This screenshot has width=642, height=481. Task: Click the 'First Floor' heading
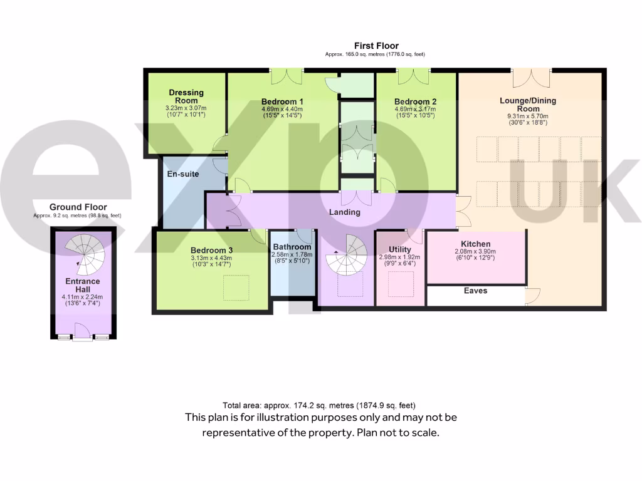pos(376,46)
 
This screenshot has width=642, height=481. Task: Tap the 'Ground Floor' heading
pos(78,207)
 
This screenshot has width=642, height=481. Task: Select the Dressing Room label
pos(186,96)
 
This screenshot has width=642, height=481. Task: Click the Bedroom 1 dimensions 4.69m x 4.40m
pos(282,109)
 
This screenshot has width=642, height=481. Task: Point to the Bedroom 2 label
pos(415,101)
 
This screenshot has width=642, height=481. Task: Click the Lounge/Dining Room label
pos(527,104)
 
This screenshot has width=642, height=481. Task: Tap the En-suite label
pos(182,173)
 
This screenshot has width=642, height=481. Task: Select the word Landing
pos(345,212)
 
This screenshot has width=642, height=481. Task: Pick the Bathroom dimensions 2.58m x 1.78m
pos(292,255)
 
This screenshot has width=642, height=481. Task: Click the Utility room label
pos(399,249)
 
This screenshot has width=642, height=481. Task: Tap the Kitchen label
pos(475,244)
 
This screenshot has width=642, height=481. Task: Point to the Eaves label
pos(476,291)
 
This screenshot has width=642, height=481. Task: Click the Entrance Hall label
pos(83,286)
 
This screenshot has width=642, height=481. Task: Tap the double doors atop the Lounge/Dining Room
pos(532,78)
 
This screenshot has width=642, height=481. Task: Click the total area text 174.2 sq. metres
pos(319,405)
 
